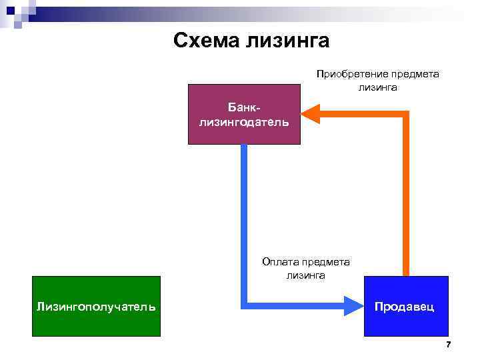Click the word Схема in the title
(207, 41)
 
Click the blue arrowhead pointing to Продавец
(353, 306)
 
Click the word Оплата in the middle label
(279, 263)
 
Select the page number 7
(448, 345)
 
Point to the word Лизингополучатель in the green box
(96, 307)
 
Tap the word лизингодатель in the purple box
(244, 122)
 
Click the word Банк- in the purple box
(244, 107)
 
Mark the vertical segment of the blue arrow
(244, 220)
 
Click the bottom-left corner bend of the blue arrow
(245, 305)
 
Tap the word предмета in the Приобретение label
(415, 74)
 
